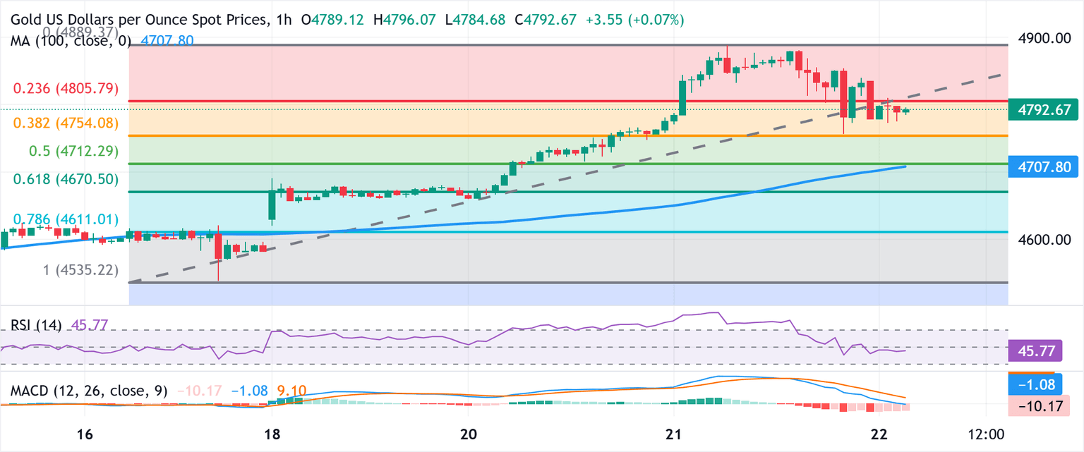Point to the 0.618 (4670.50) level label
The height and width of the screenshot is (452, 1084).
[66, 180]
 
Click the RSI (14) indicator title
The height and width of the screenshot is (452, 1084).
[35, 325]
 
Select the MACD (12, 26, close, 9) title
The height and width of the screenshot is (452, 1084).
[88, 391]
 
